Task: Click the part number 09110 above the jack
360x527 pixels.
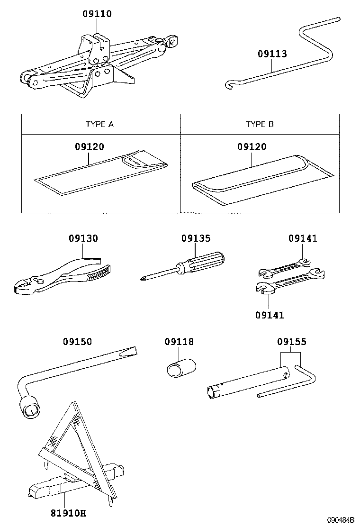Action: [97, 14]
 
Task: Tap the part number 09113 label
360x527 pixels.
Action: [272, 54]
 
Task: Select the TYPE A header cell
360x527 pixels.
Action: [99, 125]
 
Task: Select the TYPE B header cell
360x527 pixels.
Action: [260, 125]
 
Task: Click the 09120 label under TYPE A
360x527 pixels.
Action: [89, 147]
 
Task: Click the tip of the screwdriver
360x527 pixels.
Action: [142, 279]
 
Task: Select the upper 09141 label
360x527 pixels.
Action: [303, 239]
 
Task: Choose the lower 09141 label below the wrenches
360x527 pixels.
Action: [270, 315]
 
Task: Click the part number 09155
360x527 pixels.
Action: [291, 342]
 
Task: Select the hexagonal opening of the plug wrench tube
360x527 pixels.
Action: [212, 392]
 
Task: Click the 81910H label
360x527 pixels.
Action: [69, 513]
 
